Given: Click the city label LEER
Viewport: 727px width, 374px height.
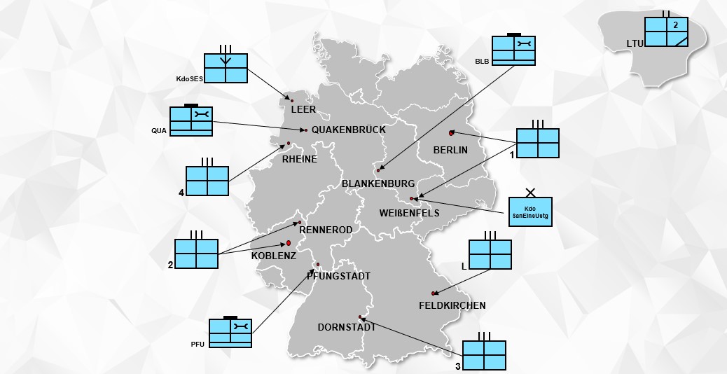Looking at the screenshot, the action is pos(303,109).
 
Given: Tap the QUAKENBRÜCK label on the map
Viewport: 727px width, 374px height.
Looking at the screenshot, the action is pos(349,130).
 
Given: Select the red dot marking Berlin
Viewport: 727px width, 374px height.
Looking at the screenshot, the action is pos(451,133).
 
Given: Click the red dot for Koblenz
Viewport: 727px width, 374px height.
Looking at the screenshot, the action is pos(289,243).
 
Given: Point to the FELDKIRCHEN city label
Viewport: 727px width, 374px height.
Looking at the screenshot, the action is pos(452,305).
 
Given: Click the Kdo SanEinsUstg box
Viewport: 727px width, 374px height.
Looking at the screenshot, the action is pos(530,212).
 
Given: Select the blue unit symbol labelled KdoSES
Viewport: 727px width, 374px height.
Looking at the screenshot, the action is pos(226,68).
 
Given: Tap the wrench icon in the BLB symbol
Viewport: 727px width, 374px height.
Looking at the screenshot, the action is pos(525,44).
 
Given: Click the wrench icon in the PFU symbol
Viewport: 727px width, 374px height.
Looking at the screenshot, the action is pos(241,326).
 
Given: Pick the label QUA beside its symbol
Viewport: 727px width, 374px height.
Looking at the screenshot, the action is pos(158,131).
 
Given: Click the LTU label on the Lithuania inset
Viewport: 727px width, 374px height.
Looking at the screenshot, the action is pos(635,43).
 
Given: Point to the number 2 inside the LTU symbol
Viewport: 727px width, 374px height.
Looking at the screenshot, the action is pos(676,25).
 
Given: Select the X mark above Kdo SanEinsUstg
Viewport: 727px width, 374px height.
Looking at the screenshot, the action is pos(530,192).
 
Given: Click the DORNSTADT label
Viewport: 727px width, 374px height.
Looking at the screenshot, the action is pos(347,327).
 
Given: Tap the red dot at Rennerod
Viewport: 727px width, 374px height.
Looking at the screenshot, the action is pos(300,223).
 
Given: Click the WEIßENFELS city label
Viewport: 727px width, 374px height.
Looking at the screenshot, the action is pos(409,213).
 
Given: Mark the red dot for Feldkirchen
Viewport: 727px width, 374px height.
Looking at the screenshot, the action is pos(434,293).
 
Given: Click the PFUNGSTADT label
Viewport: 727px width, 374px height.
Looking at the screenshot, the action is pos(338,276).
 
